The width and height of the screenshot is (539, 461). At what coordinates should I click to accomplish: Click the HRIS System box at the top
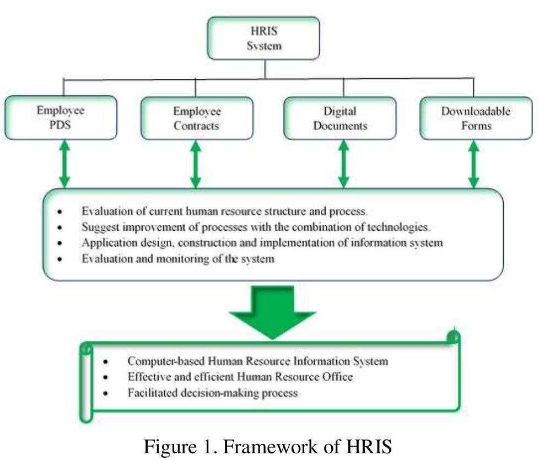tap(263, 38)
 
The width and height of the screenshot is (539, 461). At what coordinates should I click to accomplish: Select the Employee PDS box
tap(61, 117)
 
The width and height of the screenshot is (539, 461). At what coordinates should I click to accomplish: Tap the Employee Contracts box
tap(197, 118)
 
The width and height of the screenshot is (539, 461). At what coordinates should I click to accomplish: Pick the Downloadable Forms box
tap(475, 118)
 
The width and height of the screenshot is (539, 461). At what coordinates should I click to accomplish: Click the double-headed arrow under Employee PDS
tap(64, 164)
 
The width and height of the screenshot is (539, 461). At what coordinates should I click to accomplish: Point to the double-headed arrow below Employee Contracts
tap(195, 164)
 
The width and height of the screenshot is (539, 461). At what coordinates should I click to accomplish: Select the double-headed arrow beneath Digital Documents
tap(343, 164)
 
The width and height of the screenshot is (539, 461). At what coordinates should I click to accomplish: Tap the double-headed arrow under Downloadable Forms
tap(473, 164)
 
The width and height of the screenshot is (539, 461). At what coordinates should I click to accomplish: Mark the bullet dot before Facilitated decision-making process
tap(105, 394)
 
